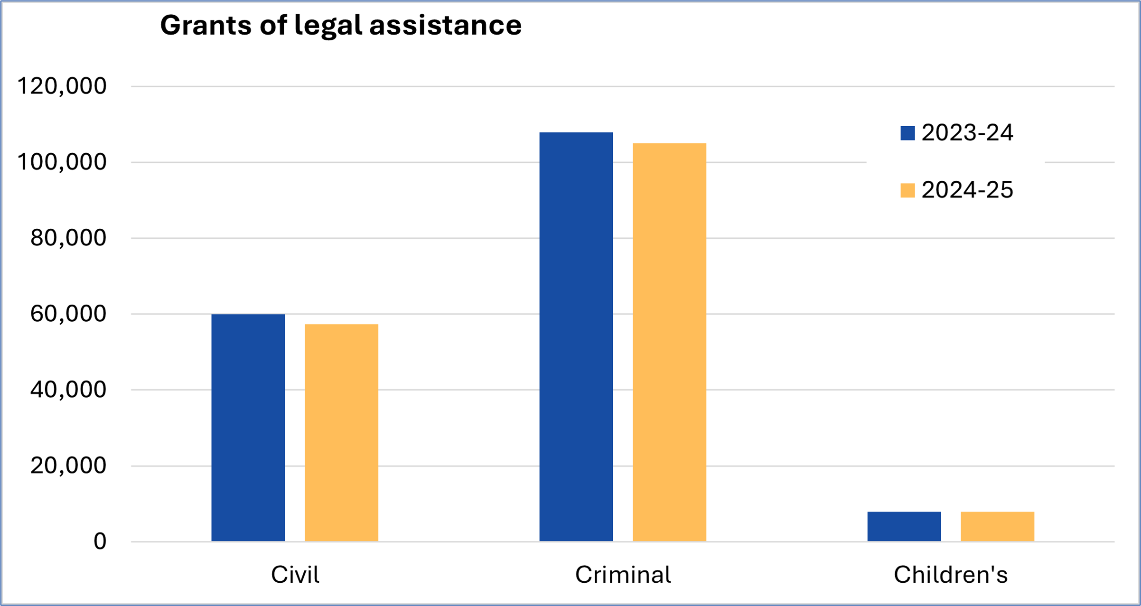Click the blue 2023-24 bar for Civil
(248, 427)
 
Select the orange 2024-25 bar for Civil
(341, 432)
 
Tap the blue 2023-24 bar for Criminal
(576, 336)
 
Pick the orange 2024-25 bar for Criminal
(669, 342)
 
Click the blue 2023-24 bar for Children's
(904, 526)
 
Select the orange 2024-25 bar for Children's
(997, 526)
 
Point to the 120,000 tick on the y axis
(62, 86)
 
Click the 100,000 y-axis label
(62, 162)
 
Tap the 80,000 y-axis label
(68, 238)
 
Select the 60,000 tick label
(68, 314)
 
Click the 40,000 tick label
(68, 390)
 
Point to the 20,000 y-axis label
(68, 466)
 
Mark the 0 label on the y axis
(100, 541)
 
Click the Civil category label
(295, 575)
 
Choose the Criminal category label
(623, 575)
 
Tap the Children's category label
(950, 575)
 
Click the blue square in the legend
(907, 133)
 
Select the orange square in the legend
(907, 190)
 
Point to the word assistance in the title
(445, 25)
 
